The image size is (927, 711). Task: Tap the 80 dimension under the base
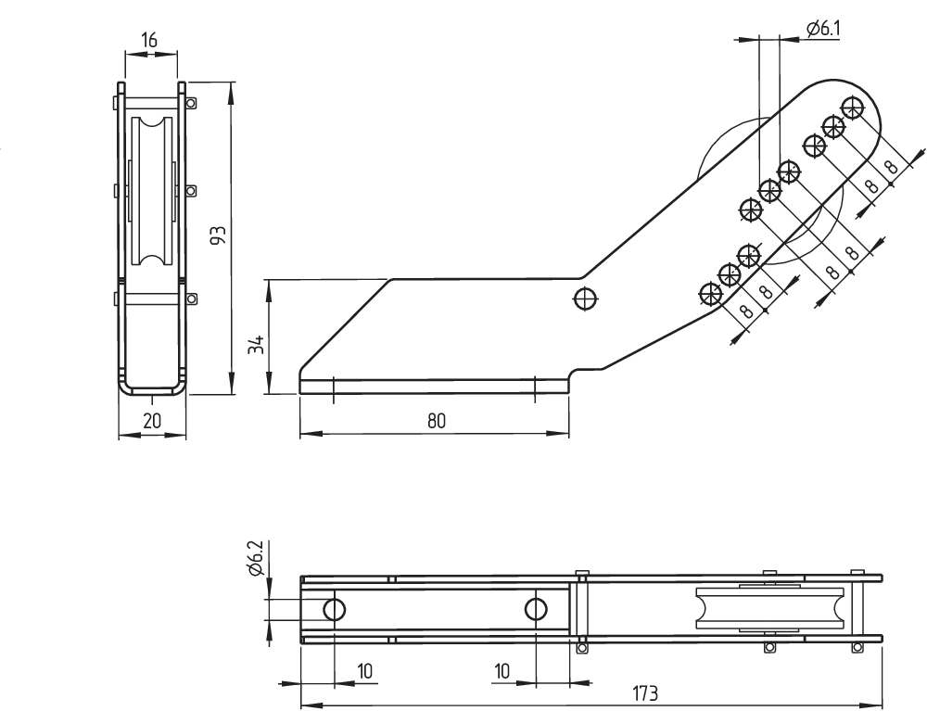click(437, 421)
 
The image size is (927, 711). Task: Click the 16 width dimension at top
click(149, 40)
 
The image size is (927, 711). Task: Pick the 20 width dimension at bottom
click(153, 421)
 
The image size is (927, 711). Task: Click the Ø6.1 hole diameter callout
click(824, 30)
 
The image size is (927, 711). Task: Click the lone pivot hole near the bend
click(586, 298)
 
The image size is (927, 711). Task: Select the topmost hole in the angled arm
click(852, 106)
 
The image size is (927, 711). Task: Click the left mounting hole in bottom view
click(334, 608)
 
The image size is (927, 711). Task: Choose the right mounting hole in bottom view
click(535, 608)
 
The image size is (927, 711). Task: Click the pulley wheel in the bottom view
click(769, 610)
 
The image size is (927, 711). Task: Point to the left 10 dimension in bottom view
click(366, 669)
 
